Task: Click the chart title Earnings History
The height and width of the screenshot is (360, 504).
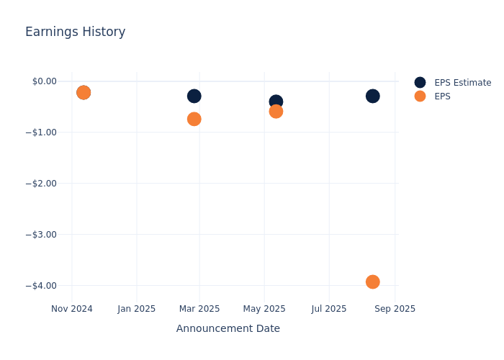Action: (75, 32)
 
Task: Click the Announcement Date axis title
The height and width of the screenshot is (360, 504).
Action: (228, 328)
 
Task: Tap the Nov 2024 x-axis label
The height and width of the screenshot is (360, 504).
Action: (72, 309)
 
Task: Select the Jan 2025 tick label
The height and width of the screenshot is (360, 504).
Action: (137, 309)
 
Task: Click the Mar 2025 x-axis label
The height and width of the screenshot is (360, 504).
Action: (199, 309)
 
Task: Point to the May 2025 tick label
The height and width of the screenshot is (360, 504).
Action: (264, 309)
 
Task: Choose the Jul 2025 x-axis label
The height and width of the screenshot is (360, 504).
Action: (329, 309)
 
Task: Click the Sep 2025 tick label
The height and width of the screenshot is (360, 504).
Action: (395, 309)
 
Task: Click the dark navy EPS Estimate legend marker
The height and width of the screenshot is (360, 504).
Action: (420, 83)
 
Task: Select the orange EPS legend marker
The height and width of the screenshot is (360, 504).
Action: (420, 96)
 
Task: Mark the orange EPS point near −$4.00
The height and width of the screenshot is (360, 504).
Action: (372, 282)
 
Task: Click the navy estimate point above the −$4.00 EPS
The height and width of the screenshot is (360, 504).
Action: (372, 96)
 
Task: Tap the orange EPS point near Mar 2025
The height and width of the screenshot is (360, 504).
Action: (194, 119)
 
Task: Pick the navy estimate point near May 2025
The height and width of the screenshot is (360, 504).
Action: (276, 102)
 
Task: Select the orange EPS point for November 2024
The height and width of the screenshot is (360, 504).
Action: (84, 92)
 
